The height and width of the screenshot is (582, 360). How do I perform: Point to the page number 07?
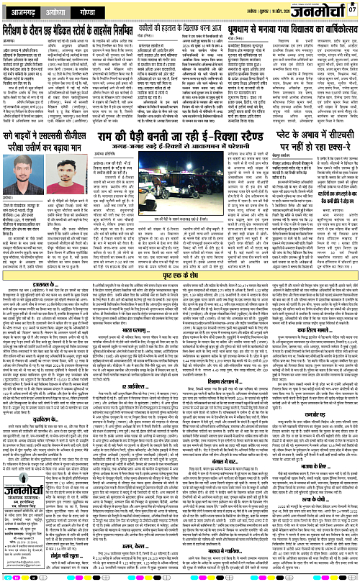(x=351, y=10)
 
